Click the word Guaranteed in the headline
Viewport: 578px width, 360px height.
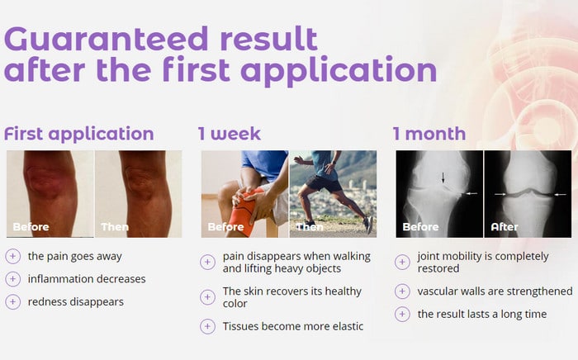[107, 39]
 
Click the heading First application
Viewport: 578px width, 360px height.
[79, 134]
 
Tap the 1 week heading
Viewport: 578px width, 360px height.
[230, 134]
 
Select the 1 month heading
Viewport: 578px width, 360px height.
[429, 134]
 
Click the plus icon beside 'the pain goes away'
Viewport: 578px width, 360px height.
[13, 256]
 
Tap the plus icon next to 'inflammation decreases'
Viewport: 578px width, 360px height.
[13, 279]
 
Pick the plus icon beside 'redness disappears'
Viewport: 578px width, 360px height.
[13, 301]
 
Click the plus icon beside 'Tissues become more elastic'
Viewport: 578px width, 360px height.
[207, 326]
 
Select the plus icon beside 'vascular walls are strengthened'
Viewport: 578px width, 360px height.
[402, 291]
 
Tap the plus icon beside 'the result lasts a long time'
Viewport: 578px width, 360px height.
[402, 315]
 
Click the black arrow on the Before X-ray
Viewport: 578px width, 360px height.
[443, 178]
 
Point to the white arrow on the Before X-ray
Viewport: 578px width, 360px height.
[471, 193]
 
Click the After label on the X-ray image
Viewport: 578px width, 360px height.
[505, 226]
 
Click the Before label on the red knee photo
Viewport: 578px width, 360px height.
[31, 226]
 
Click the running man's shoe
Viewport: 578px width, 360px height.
[368, 225]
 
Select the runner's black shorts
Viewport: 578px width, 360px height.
[324, 183]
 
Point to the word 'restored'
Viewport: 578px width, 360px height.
[438, 268]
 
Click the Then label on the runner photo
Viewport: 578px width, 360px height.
[310, 226]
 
